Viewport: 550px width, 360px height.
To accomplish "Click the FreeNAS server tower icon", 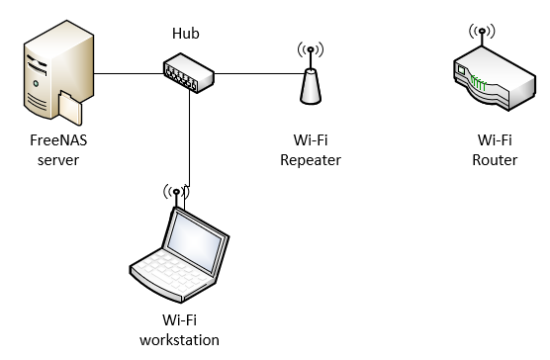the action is [58, 72].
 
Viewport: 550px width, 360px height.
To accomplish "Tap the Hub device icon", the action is [189, 73].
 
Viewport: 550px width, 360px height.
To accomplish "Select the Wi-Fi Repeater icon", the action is [311, 74].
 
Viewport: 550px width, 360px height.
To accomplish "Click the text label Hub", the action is [186, 34].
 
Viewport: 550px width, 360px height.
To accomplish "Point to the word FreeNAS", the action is [58, 140].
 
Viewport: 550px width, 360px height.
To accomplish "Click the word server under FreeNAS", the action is [58, 160].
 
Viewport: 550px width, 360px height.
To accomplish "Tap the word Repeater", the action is [311, 160].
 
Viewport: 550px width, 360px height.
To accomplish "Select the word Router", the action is [495, 160].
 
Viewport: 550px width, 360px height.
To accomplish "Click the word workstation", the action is [180, 340].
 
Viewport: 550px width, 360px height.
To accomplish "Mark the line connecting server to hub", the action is [129, 73].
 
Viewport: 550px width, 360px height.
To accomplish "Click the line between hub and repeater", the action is [259, 73].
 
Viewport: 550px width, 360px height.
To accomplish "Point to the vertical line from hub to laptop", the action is [189, 138].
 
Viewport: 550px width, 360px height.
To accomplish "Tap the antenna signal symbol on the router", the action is [482, 32].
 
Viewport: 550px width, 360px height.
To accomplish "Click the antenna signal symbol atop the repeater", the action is [311, 49].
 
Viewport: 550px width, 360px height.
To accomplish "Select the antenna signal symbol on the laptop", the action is [176, 192].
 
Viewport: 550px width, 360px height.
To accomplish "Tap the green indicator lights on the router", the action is [479, 83].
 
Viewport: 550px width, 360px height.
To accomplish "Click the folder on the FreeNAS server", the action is [70, 108].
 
